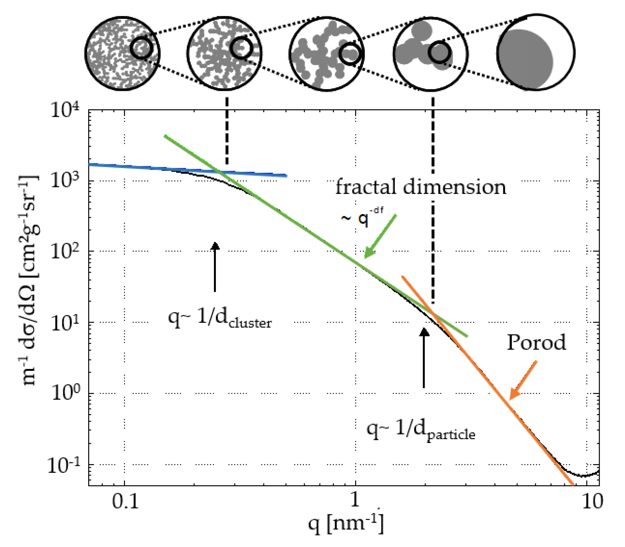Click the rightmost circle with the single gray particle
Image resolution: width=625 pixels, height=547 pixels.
tap(536, 52)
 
